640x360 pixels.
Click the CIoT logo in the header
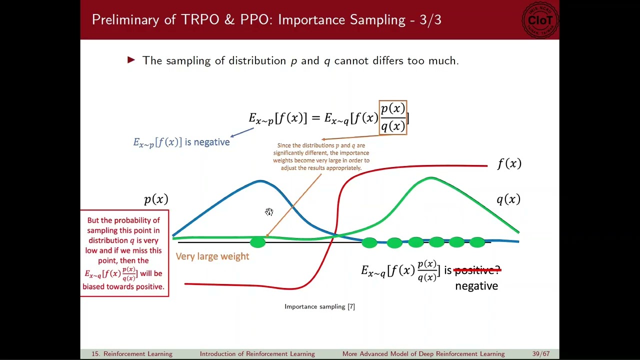coord(539,20)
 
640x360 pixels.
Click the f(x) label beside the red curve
coord(509,164)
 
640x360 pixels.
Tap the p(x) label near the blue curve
coord(156,199)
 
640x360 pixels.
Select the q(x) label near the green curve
coord(508,199)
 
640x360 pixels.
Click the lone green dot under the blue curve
coord(257,242)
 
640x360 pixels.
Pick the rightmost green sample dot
coord(477,242)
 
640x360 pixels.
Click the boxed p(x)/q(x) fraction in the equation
coord(393,117)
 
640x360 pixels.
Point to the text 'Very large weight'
coord(212,256)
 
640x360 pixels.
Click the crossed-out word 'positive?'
coord(476,270)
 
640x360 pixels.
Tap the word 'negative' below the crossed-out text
coord(476,286)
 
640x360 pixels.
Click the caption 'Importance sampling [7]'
coord(319,306)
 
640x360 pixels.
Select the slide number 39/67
coord(541,354)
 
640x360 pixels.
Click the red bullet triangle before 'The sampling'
coord(131,60)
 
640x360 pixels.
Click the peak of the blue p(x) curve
coord(260,181)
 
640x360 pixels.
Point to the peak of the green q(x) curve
coord(430,178)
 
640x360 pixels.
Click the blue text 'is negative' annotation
coord(207,142)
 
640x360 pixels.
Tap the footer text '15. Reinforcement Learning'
coord(131,354)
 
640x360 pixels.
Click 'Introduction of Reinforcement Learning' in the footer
coord(257,354)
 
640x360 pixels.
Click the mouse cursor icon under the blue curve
coord(269,212)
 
